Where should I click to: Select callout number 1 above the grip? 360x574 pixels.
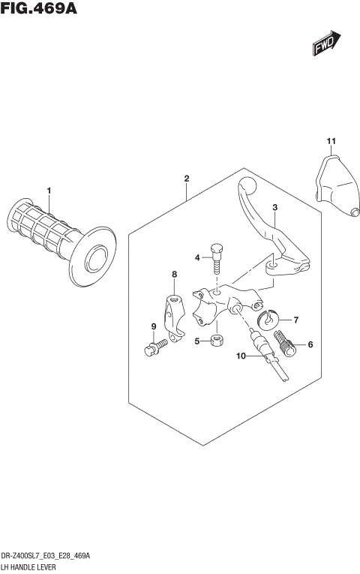pos(49,191)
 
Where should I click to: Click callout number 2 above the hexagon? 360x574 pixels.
pos(186,179)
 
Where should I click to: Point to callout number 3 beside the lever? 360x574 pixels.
pos(275,207)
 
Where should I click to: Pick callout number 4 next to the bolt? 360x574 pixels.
pos(197,257)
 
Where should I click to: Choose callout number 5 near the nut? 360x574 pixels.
pos(197,341)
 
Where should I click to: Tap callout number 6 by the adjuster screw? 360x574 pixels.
pos(309,345)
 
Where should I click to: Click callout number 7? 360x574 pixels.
pos(295,320)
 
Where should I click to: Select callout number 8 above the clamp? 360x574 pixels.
pos(174,275)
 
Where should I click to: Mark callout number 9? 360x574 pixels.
pos(153,326)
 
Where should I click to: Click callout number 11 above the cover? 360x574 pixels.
pos(330,141)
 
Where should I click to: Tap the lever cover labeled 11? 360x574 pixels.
pos(334,185)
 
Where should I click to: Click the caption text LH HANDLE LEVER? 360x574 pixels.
pos(34,565)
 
